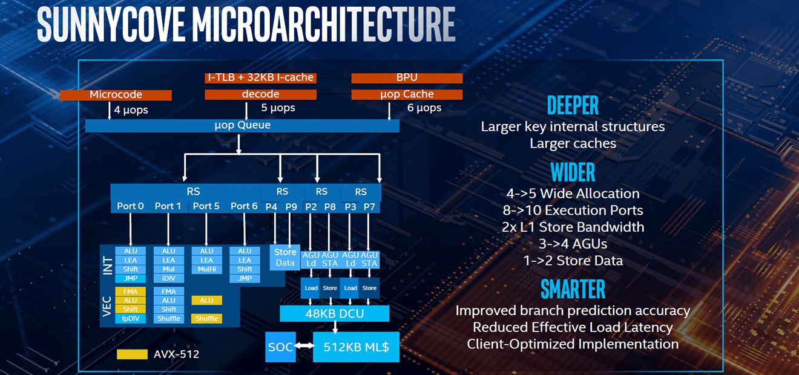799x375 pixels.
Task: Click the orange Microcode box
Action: [116, 94]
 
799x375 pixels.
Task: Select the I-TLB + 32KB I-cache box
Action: [260, 77]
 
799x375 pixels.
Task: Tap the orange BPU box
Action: [407, 77]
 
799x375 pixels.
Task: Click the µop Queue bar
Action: [242, 125]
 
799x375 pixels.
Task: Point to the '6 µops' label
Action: [424, 108]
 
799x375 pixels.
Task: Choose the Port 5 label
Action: [206, 206]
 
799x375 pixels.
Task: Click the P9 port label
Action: [291, 206]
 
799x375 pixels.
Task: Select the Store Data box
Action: [284, 257]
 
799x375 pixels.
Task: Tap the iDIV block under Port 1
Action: [169, 278]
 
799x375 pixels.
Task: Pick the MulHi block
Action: [206, 269]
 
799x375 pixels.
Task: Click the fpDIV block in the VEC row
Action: [131, 318]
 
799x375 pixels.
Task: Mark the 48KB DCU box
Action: [334, 313]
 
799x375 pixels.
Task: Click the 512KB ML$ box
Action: [356, 347]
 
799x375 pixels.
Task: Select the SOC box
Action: [279, 347]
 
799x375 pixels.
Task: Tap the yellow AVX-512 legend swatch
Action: [132, 354]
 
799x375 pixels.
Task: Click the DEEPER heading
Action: [573, 106]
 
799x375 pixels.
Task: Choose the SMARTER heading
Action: [573, 289]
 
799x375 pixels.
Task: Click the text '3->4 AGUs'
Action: [573, 244]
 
